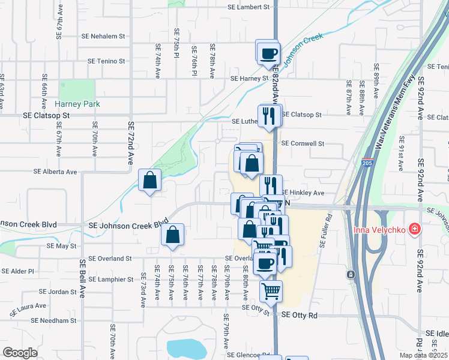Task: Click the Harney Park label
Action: (78, 104)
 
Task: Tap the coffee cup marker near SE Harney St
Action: (268, 53)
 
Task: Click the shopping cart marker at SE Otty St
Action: (271, 292)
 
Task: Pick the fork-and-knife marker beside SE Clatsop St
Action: (269, 116)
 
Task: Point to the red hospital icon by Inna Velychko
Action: (413, 229)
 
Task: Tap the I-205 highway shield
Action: (368, 163)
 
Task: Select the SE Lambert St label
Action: (249, 7)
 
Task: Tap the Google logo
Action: (20, 352)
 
